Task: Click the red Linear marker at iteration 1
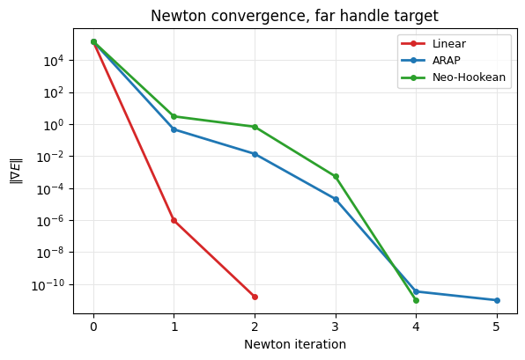coord(174,220)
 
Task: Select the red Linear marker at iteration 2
coord(255,297)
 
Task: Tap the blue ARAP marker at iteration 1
coord(174,129)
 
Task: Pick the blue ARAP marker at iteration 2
coord(255,154)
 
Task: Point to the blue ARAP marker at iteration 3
coord(336,200)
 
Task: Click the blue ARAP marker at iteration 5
coord(497,300)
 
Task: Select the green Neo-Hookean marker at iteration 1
coord(174,116)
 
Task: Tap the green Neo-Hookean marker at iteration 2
coord(255,127)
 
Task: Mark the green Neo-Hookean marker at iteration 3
coord(336,176)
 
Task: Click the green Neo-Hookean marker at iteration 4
coord(416,300)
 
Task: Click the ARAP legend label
coord(447,61)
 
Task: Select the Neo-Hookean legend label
coord(469,77)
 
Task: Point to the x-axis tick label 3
coord(336,327)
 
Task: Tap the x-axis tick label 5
coord(497,327)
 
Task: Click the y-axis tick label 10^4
coord(54,61)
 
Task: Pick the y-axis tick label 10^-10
coord(48,285)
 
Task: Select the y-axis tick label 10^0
coord(54,125)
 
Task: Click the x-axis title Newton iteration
coord(295,344)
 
